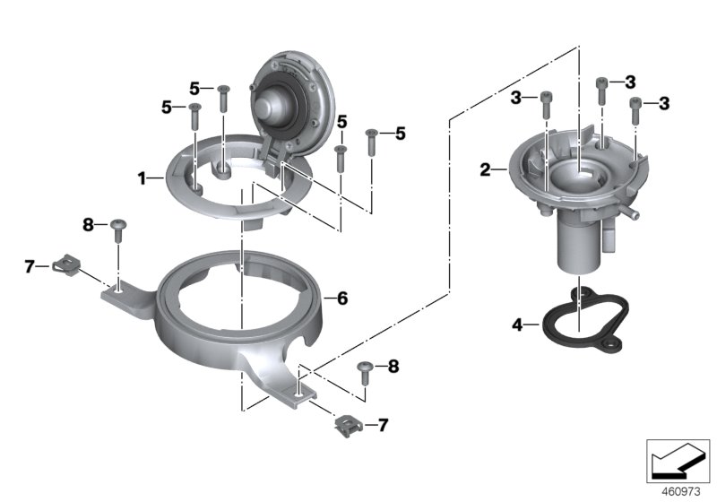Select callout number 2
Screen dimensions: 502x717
486,169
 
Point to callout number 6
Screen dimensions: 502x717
341,298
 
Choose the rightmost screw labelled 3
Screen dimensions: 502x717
636,110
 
